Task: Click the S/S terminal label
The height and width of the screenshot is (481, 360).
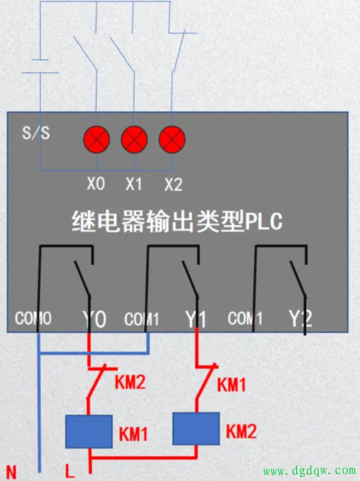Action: point(36,133)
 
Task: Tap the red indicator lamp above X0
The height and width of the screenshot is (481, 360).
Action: point(97,140)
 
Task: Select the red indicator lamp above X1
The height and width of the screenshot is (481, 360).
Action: point(134,140)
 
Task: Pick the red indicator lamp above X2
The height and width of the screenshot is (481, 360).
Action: point(172,140)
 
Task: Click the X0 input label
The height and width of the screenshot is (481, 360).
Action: point(96,184)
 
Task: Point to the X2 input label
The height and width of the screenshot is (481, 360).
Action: point(174,184)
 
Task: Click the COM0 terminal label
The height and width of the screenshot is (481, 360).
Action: point(33,318)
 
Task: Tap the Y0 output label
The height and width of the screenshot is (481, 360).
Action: point(95,319)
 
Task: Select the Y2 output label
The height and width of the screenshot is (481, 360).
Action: point(300,319)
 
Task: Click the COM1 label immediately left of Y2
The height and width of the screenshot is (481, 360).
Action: point(245,318)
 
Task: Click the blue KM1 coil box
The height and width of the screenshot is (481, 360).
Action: point(89,432)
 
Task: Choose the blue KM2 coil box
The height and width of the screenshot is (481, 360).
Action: point(196,429)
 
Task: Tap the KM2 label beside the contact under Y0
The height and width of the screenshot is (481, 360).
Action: point(130,382)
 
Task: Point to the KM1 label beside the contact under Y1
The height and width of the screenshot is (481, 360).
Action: point(232,385)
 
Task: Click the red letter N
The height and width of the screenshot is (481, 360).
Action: point(11,472)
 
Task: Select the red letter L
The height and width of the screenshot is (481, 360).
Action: point(70,471)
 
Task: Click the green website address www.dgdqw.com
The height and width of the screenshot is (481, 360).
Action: point(309,470)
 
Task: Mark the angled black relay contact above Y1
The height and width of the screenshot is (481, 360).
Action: point(190,278)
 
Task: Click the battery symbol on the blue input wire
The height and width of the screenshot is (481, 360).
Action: point(40,66)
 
